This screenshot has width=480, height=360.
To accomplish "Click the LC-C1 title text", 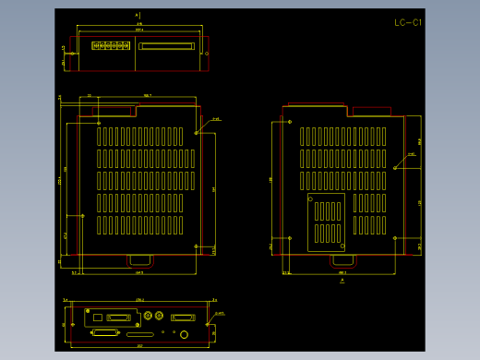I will pyautogui.click(x=407, y=22).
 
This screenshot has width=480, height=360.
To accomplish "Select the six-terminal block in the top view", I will pyautogui.click(x=110, y=44).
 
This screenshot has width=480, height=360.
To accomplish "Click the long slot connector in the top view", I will pyautogui.click(x=165, y=44).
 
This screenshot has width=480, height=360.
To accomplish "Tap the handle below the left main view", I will pyautogui.click(x=140, y=258).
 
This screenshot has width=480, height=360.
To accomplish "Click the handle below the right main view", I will pyautogui.click(x=343, y=258).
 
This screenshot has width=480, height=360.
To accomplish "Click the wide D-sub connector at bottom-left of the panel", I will pyautogui.click(x=104, y=331).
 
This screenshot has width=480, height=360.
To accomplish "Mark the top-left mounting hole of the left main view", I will pyautogui.click(x=99, y=122).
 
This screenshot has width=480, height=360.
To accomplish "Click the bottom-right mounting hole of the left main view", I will pyautogui.click(x=196, y=246).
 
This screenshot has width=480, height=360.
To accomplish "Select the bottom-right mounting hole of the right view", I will pyautogui.click(x=395, y=238).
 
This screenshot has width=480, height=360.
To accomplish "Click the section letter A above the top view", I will pyautogui.click(x=138, y=15).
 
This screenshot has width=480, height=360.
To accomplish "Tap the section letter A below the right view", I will pyautogui.click(x=342, y=282).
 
